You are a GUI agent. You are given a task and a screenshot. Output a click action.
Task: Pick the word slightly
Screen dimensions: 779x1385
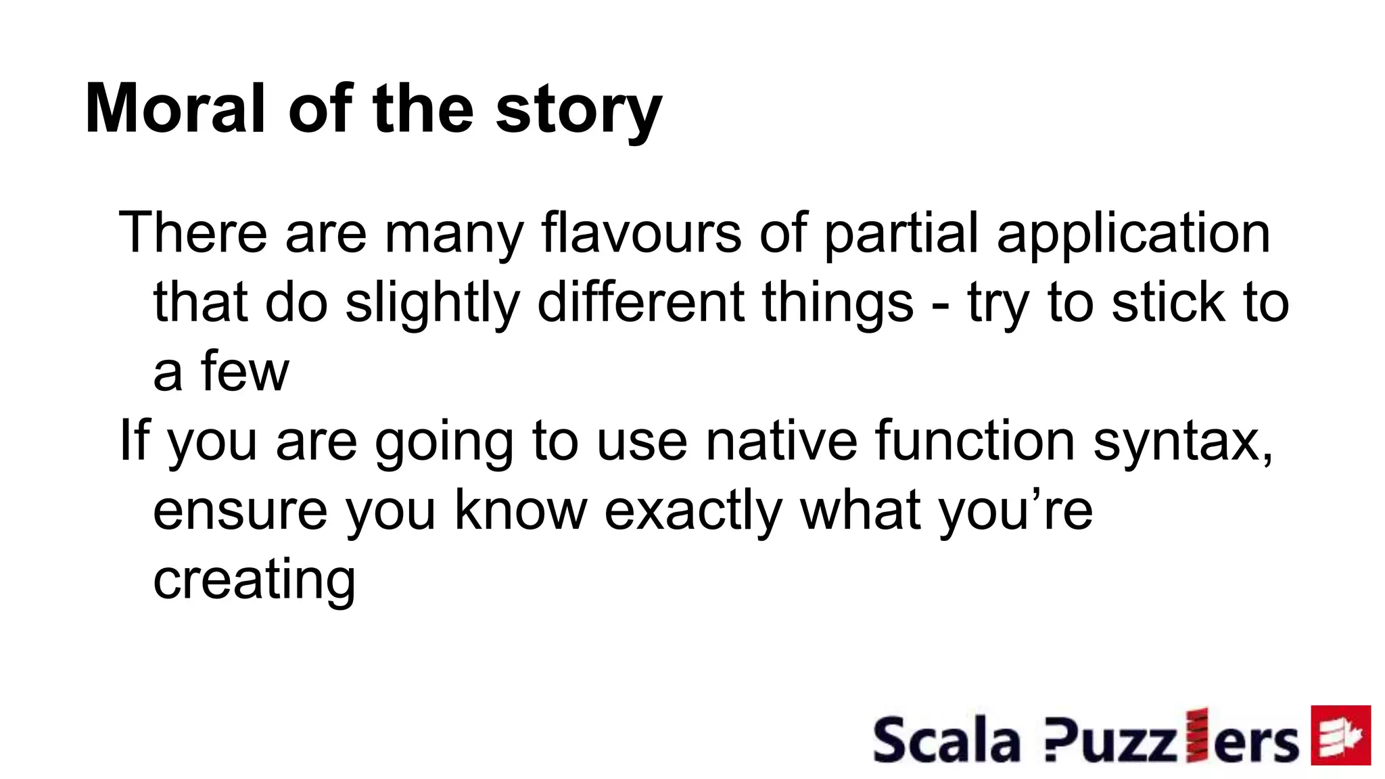tap(432, 304)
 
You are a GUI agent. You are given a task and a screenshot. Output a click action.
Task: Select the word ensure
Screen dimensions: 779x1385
tap(240, 512)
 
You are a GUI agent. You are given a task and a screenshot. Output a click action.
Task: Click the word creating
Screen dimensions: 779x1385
tap(254, 580)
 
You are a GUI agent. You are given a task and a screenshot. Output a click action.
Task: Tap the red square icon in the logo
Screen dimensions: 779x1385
tap(1340, 735)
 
